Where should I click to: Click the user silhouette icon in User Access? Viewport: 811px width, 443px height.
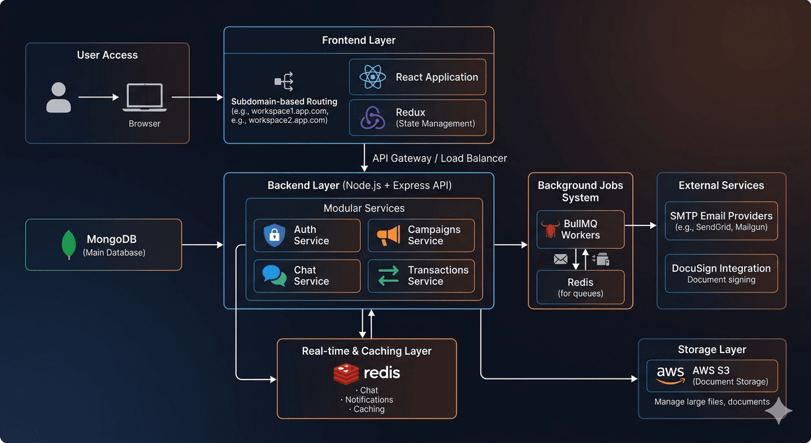coord(59,97)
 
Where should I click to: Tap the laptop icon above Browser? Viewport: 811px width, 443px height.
coord(144,98)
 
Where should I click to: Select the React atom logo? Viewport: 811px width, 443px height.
coord(373,77)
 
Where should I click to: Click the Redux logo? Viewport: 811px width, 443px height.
coord(373,118)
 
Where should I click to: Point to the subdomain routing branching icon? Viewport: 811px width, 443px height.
coord(284,82)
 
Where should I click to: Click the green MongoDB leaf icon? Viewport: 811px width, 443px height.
coord(69,245)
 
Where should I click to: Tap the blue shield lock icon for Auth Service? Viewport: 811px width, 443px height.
coord(274,235)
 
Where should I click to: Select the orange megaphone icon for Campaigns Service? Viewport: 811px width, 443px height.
coord(388,235)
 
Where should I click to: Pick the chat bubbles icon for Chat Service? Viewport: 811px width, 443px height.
coord(274,276)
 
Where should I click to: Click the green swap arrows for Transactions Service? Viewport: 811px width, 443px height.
coord(388,276)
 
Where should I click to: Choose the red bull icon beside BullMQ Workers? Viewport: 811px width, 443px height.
coord(551,230)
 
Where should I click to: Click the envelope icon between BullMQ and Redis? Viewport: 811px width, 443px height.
coord(560,260)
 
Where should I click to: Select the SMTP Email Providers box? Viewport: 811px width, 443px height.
coord(721,221)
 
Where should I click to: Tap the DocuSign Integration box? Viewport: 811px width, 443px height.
coord(721,273)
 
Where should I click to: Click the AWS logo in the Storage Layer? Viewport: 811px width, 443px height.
coord(670,376)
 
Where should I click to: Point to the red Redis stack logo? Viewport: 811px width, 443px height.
coord(346,373)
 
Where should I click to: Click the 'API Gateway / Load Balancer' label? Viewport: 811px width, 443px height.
coord(439,158)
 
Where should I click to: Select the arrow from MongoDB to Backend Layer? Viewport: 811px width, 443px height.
coord(202,245)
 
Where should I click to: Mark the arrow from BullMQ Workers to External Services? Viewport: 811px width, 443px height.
coord(641,226)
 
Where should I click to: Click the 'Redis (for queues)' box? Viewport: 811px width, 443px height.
coord(580,287)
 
